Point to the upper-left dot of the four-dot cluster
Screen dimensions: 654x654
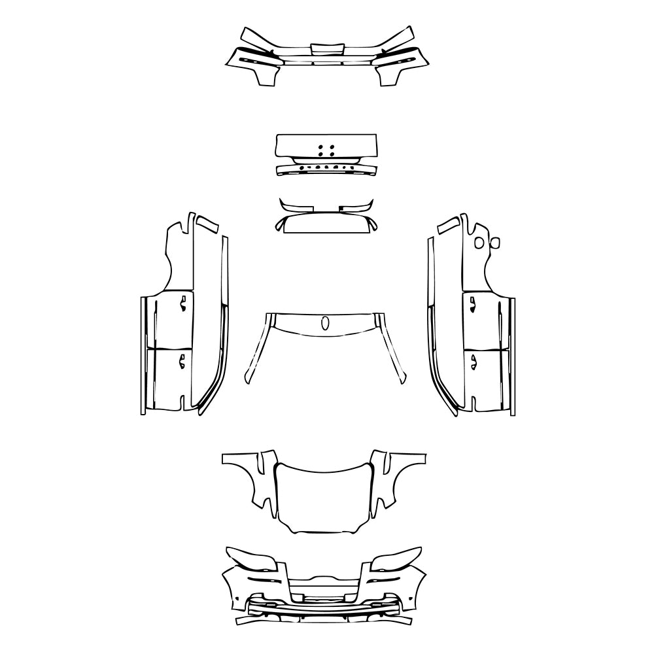[x=320, y=146]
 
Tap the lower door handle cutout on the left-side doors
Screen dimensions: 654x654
[x=182, y=360]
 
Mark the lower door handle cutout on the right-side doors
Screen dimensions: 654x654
[x=470, y=360]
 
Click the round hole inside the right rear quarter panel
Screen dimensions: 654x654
[x=479, y=243]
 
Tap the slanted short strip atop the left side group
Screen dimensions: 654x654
[x=209, y=224]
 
